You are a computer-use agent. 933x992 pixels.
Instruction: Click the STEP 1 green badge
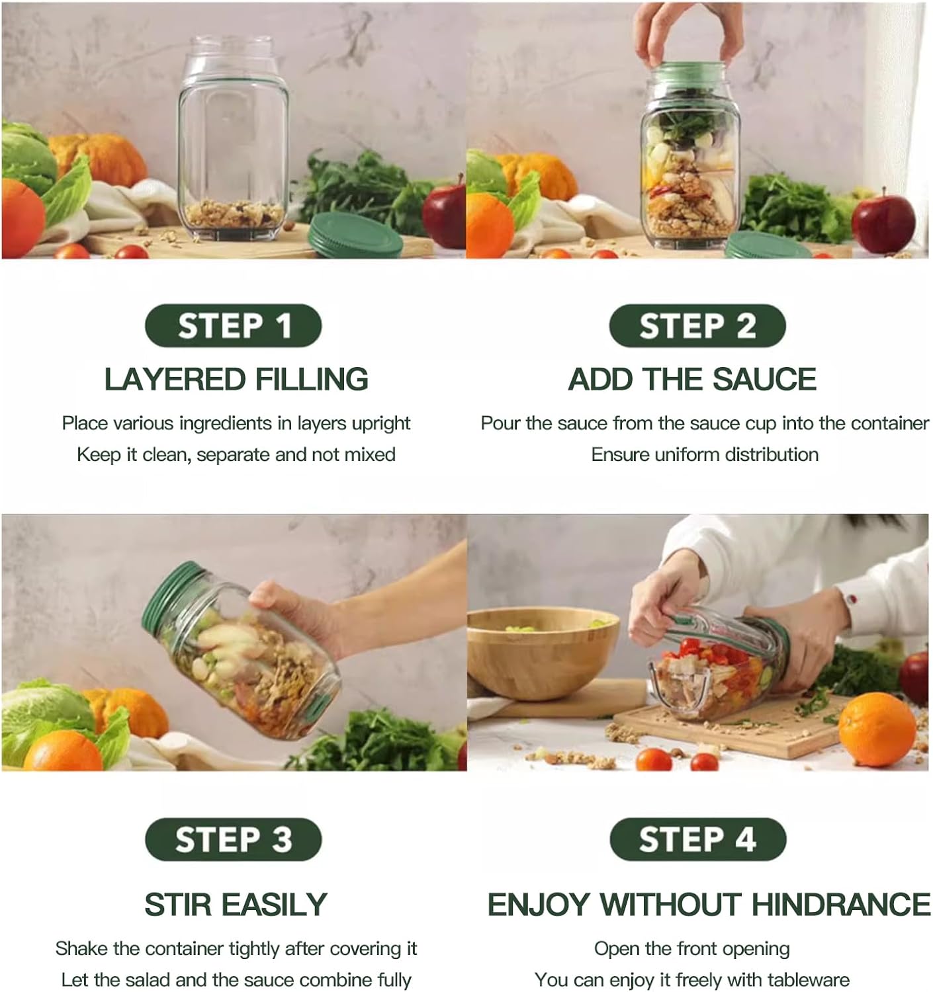pos(233,325)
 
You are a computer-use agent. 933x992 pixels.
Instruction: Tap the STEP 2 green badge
pos(697,325)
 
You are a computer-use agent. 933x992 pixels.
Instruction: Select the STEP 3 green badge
pos(233,839)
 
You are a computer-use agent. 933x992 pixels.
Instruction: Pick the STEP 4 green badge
pos(697,839)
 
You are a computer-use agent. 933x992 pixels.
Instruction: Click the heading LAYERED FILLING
pos(236,379)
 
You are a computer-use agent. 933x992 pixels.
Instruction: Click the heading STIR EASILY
pos(236,904)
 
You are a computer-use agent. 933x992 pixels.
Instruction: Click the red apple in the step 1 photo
pos(444,215)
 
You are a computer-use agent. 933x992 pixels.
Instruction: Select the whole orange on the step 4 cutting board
pos(876,727)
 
